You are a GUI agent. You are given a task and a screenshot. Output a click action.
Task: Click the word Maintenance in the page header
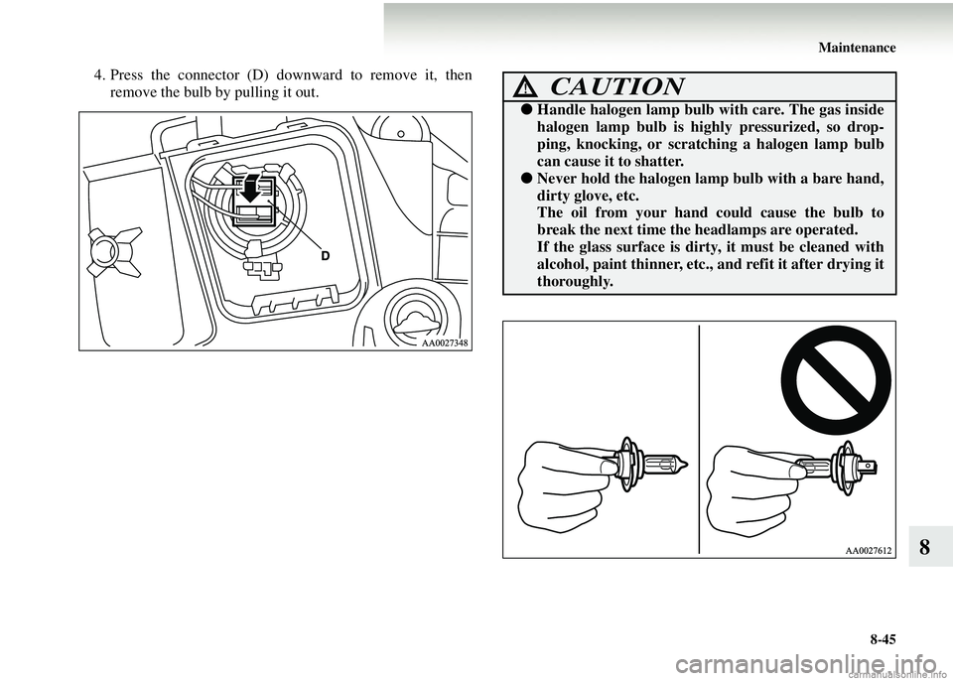point(857,48)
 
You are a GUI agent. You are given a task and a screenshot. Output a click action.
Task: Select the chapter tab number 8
point(924,547)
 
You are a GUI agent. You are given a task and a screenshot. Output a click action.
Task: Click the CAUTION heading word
point(617,87)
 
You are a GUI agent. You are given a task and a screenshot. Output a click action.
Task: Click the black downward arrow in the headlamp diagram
point(251,188)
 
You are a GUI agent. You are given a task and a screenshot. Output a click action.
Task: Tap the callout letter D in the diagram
point(326,257)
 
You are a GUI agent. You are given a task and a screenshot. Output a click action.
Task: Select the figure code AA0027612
point(868,551)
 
